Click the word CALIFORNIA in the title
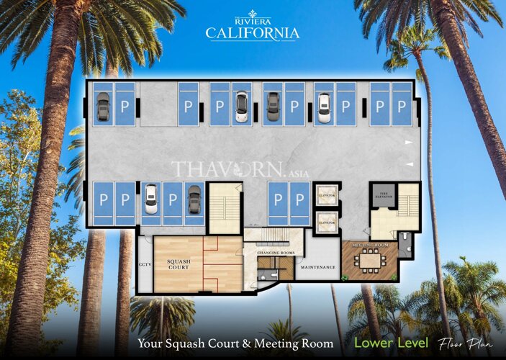[x=252, y=33]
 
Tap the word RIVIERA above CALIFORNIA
[x=252, y=22]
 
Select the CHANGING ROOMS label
[x=276, y=253]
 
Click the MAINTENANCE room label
[x=317, y=267]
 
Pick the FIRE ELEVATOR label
[x=379, y=192]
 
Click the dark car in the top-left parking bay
[x=103, y=107]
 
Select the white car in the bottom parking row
[x=150, y=199]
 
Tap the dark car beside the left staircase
[x=194, y=199]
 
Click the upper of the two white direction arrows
[x=409, y=143]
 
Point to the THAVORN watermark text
[x=216, y=170]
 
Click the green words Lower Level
[x=392, y=343]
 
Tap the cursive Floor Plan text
[x=465, y=343]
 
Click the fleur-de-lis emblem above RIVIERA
[x=252, y=12]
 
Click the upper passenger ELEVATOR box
[x=327, y=194]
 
